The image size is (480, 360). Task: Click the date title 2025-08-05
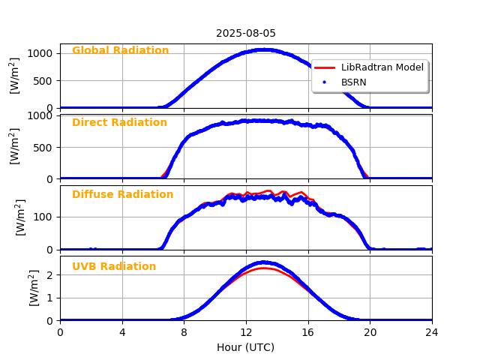pyautogui.click(x=246, y=33)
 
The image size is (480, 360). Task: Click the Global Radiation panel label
pyautogui.click(x=120, y=51)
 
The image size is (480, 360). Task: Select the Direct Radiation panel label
pyautogui.click(x=119, y=123)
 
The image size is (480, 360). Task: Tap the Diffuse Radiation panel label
pyautogui.click(x=122, y=195)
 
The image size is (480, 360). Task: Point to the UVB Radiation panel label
pyautogui.click(x=114, y=267)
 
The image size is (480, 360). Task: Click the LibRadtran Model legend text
pyautogui.click(x=382, y=67)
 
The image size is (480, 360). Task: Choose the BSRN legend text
pyautogui.click(x=354, y=82)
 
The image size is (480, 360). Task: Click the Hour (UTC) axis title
pyautogui.click(x=246, y=348)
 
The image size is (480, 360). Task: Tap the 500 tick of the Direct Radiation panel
pyautogui.click(x=44, y=147)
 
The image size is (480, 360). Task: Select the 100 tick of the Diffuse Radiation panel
pyautogui.click(x=44, y=217)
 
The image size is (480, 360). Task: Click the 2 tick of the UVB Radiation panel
pyautogui.click(x=51, y=274)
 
